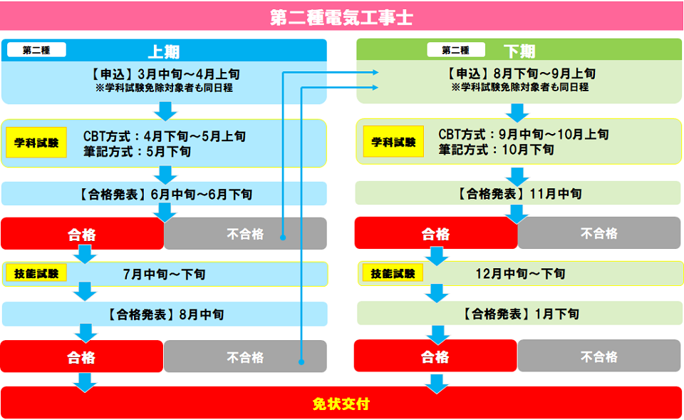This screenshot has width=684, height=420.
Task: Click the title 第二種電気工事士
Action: tap(341, 18)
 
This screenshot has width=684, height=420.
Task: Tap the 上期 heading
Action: tap(163, 51)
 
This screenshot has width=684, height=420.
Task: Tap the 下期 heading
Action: tap(519, 51)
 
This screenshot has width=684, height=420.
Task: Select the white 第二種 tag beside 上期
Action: tap(36, 50)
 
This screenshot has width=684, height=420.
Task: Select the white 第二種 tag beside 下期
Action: tap(455, 50)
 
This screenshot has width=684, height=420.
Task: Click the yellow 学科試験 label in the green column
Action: tap(393, 143)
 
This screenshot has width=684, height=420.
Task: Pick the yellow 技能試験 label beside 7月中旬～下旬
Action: tap(36, 273)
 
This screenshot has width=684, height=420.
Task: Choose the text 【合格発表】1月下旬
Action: tap(519, 314)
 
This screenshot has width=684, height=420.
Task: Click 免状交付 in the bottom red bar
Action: tap(341, 404)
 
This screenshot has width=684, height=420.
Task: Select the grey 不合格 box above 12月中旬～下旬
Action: tap(599, 233)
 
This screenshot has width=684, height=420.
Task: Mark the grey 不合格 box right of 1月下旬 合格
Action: tap(599, 357)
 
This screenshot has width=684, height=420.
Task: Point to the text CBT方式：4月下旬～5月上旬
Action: tap(165, 135)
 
